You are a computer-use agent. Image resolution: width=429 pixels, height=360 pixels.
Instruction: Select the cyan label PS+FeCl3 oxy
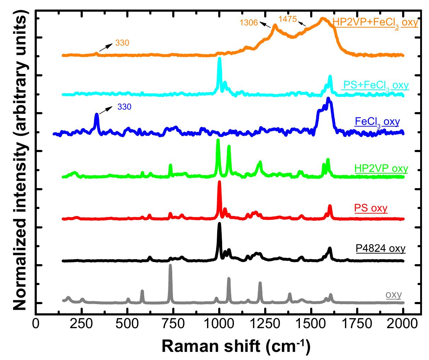click(x=375, y=86)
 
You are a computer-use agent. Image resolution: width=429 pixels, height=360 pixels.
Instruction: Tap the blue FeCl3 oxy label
click(x=377, y=122)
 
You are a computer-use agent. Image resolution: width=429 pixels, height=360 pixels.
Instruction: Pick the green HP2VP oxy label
click(x=381, y=168)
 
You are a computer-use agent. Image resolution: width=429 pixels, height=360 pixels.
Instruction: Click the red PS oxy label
click(x=371, y=208)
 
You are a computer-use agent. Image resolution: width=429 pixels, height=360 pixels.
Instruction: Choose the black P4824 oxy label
click(x=381, y=248)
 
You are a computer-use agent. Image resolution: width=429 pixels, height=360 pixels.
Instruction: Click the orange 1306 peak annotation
click(x=249, y=23)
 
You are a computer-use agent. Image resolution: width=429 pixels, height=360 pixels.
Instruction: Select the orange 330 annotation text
click(x=122, y=43)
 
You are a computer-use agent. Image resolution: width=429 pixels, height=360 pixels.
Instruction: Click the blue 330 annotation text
click(x=124, y=106)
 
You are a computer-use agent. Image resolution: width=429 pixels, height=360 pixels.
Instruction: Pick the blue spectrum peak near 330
click(x=97, y=115)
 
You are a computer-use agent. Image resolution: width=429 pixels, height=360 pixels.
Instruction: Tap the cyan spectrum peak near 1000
click(x=219, y=58)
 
